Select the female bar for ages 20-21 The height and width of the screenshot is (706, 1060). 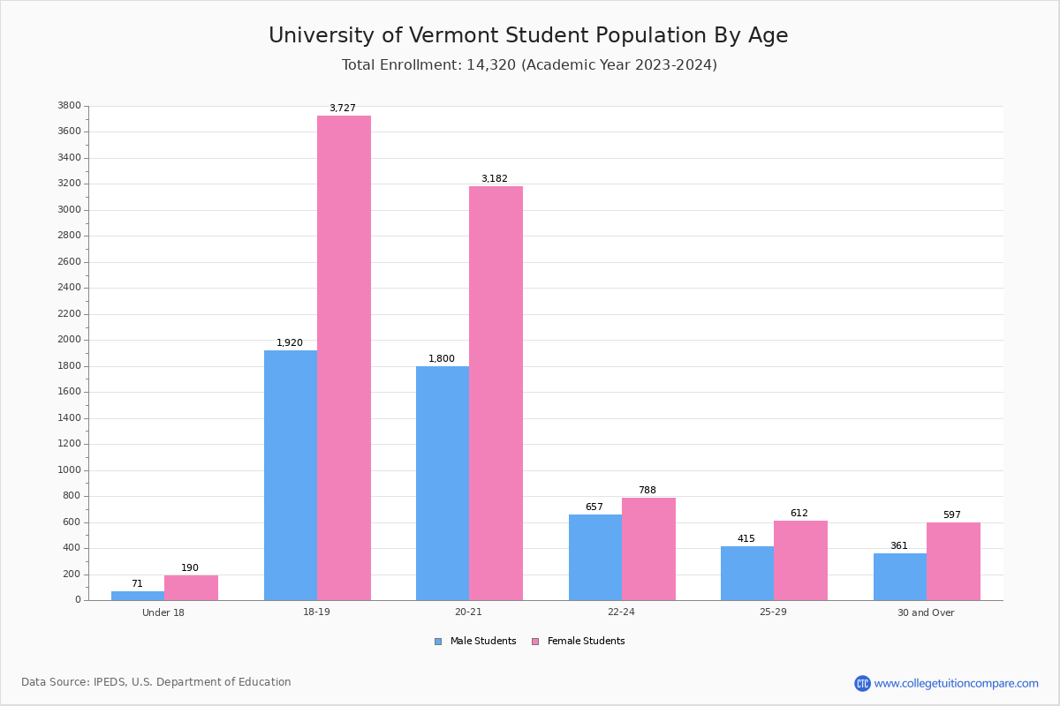(x=496, y=393)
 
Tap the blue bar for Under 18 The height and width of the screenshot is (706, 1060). (x=138, y=596)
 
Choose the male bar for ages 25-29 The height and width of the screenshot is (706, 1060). (x=747, y=573)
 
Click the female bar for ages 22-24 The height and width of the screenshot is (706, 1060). (x=648, y=549)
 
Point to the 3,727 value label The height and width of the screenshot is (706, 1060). (x=343, y=109)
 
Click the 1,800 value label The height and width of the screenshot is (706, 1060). (x=442, y=359)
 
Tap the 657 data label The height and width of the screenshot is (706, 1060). (x=594, y=507)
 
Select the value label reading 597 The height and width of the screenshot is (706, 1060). (x=951, y=515)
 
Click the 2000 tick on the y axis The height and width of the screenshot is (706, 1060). (x=70, y=340)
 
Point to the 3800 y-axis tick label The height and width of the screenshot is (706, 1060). (x=70, y=106)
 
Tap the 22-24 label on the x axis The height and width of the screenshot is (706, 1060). (x=621, y=612)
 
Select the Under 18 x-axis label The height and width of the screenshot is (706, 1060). (x=163, y=612)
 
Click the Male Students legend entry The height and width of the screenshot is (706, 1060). (x=482, y=642)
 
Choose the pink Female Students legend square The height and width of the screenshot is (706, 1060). (x=535, y=642)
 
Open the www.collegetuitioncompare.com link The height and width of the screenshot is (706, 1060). (x=956, y=683)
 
